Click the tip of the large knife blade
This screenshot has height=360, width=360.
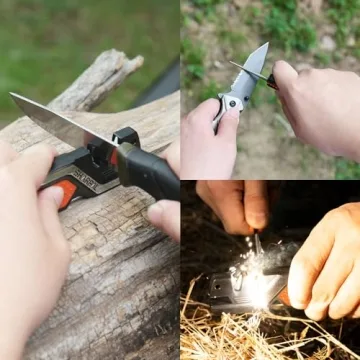[13, 97]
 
